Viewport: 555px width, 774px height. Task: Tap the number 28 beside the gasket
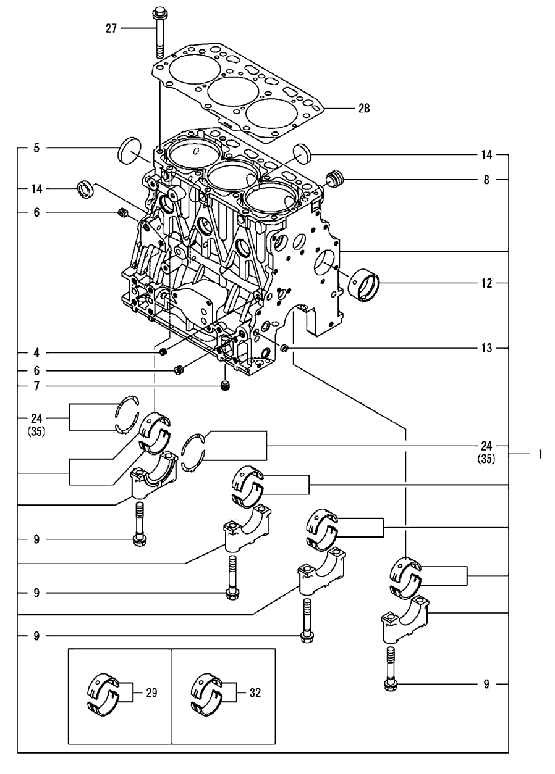coord(364,108)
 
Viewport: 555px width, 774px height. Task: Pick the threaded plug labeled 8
coord(334,179)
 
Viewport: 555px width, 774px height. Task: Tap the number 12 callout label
coord(487,284)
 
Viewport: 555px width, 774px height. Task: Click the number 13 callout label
coord(487,349)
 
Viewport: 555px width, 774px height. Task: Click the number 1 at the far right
coord(540,454)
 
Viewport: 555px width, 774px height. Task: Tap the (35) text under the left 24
coord(36,432)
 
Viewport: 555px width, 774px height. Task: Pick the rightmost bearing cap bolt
coord(389,670)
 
